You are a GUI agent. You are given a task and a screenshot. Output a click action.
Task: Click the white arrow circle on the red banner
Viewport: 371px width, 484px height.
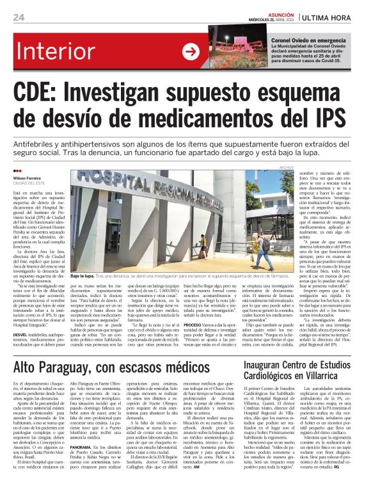(191, 52)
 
